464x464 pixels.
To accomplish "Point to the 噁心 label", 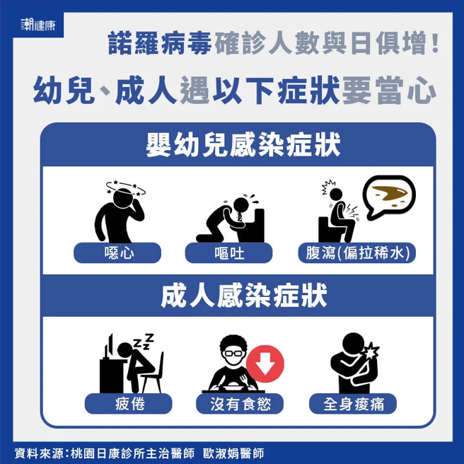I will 117,253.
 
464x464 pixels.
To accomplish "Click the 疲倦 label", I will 128,404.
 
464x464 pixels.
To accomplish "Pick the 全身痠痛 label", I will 352,404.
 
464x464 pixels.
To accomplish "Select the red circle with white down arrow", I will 265,365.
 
